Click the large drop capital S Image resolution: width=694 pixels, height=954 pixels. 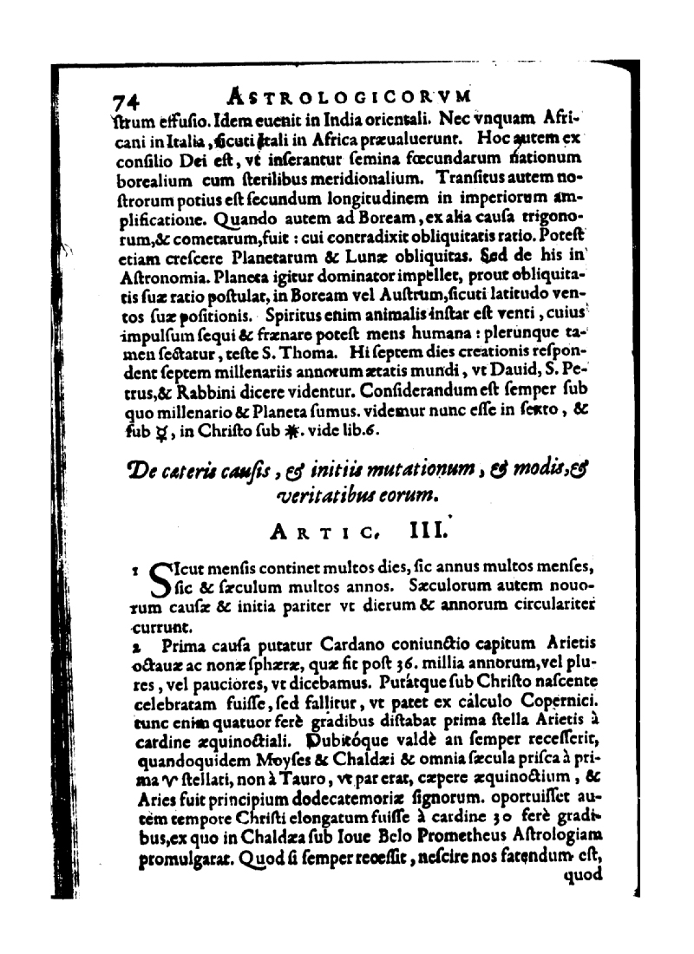tap(160, 581)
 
